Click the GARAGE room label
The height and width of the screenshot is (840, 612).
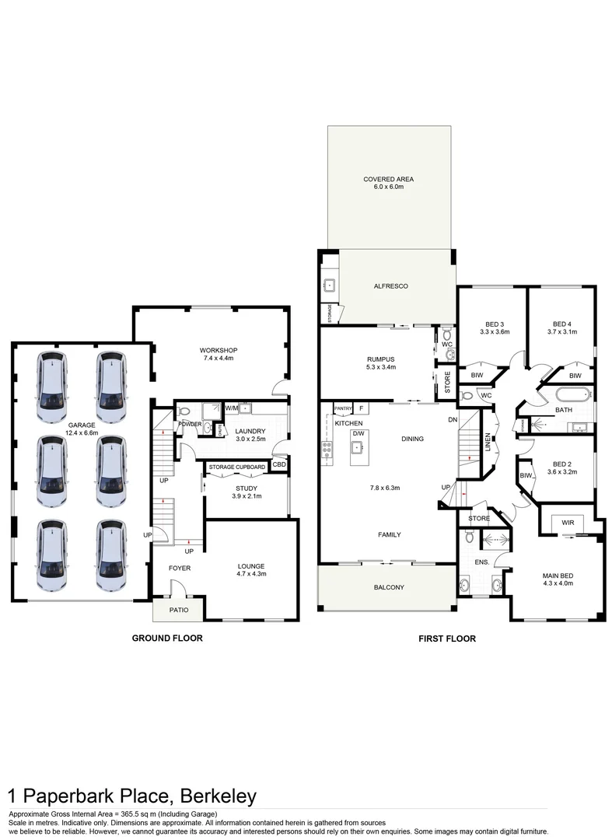coord(81,425)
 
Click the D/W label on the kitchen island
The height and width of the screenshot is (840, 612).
coord(358,433)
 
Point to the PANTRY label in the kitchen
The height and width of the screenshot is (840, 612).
coord(343,408)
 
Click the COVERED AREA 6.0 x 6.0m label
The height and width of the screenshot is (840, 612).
coord(389,183)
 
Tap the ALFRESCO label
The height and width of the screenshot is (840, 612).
coord(391,286)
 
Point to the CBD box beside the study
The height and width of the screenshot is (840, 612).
coord(278,465)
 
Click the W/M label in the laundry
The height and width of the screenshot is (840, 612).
coord(231,408)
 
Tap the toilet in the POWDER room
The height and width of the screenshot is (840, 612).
coord(181,412)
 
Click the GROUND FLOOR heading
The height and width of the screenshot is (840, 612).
coord(167,639)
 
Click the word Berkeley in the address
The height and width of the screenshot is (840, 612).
coord(219,796)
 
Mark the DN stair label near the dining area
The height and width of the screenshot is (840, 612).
coord(453,419)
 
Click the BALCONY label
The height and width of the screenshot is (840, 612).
coord(389,587)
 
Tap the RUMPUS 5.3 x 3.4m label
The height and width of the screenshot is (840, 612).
coord(381,362)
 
